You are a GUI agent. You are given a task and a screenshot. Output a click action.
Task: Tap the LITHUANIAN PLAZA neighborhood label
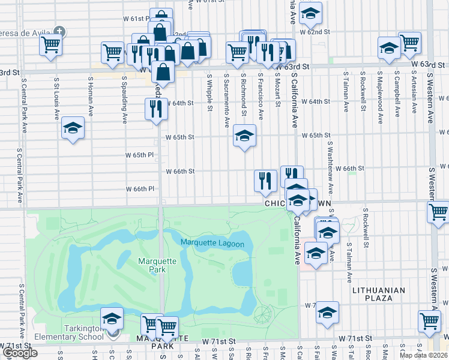pyautogui.click(x=379, y=295)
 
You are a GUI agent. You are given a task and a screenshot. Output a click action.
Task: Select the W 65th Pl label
pyautogui.click(x=139, y=155)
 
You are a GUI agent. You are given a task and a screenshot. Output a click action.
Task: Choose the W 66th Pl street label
pyautogui.click(x=139, y=189)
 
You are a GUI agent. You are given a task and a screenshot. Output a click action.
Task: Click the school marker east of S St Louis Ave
pyautogui.click(x=73, y=128)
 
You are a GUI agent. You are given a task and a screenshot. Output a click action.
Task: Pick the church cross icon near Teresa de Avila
pyautogui.click(x=59, y=31)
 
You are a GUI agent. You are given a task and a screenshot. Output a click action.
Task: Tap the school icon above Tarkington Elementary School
pyautogui.click(x=112, y=319)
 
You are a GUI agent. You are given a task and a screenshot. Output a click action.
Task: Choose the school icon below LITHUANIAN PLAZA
pyautogui.click(x=327, y=312)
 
